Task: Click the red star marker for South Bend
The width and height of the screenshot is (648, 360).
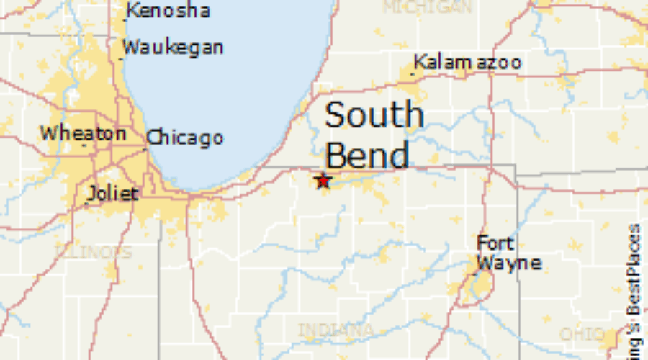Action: point(323,180)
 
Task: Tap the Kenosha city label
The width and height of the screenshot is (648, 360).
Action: point(168,11)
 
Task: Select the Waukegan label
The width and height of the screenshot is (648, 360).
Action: point(173,48)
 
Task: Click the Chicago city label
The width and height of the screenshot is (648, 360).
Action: point(186,138)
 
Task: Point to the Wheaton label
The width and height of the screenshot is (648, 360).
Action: point(83,133)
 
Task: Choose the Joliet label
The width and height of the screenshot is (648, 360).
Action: point(113,193)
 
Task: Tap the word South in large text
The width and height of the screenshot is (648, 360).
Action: point(374,115)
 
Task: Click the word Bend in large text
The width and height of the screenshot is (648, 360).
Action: point(367,155)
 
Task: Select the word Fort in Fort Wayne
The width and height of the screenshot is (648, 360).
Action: point(495,244)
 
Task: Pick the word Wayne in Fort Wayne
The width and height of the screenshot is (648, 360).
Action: point(508,263)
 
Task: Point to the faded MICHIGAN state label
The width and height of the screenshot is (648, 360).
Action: point(427,8)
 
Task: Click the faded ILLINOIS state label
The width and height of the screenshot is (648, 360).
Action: point(94,253)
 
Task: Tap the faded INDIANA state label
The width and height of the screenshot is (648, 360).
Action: point(336,330)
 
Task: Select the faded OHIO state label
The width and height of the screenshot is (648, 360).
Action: point(582,335)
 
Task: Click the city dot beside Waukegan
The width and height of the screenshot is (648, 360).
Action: point(121,58)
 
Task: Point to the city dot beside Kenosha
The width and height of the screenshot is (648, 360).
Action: point(125,19)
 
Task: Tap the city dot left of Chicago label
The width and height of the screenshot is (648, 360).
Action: point(145,147)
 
